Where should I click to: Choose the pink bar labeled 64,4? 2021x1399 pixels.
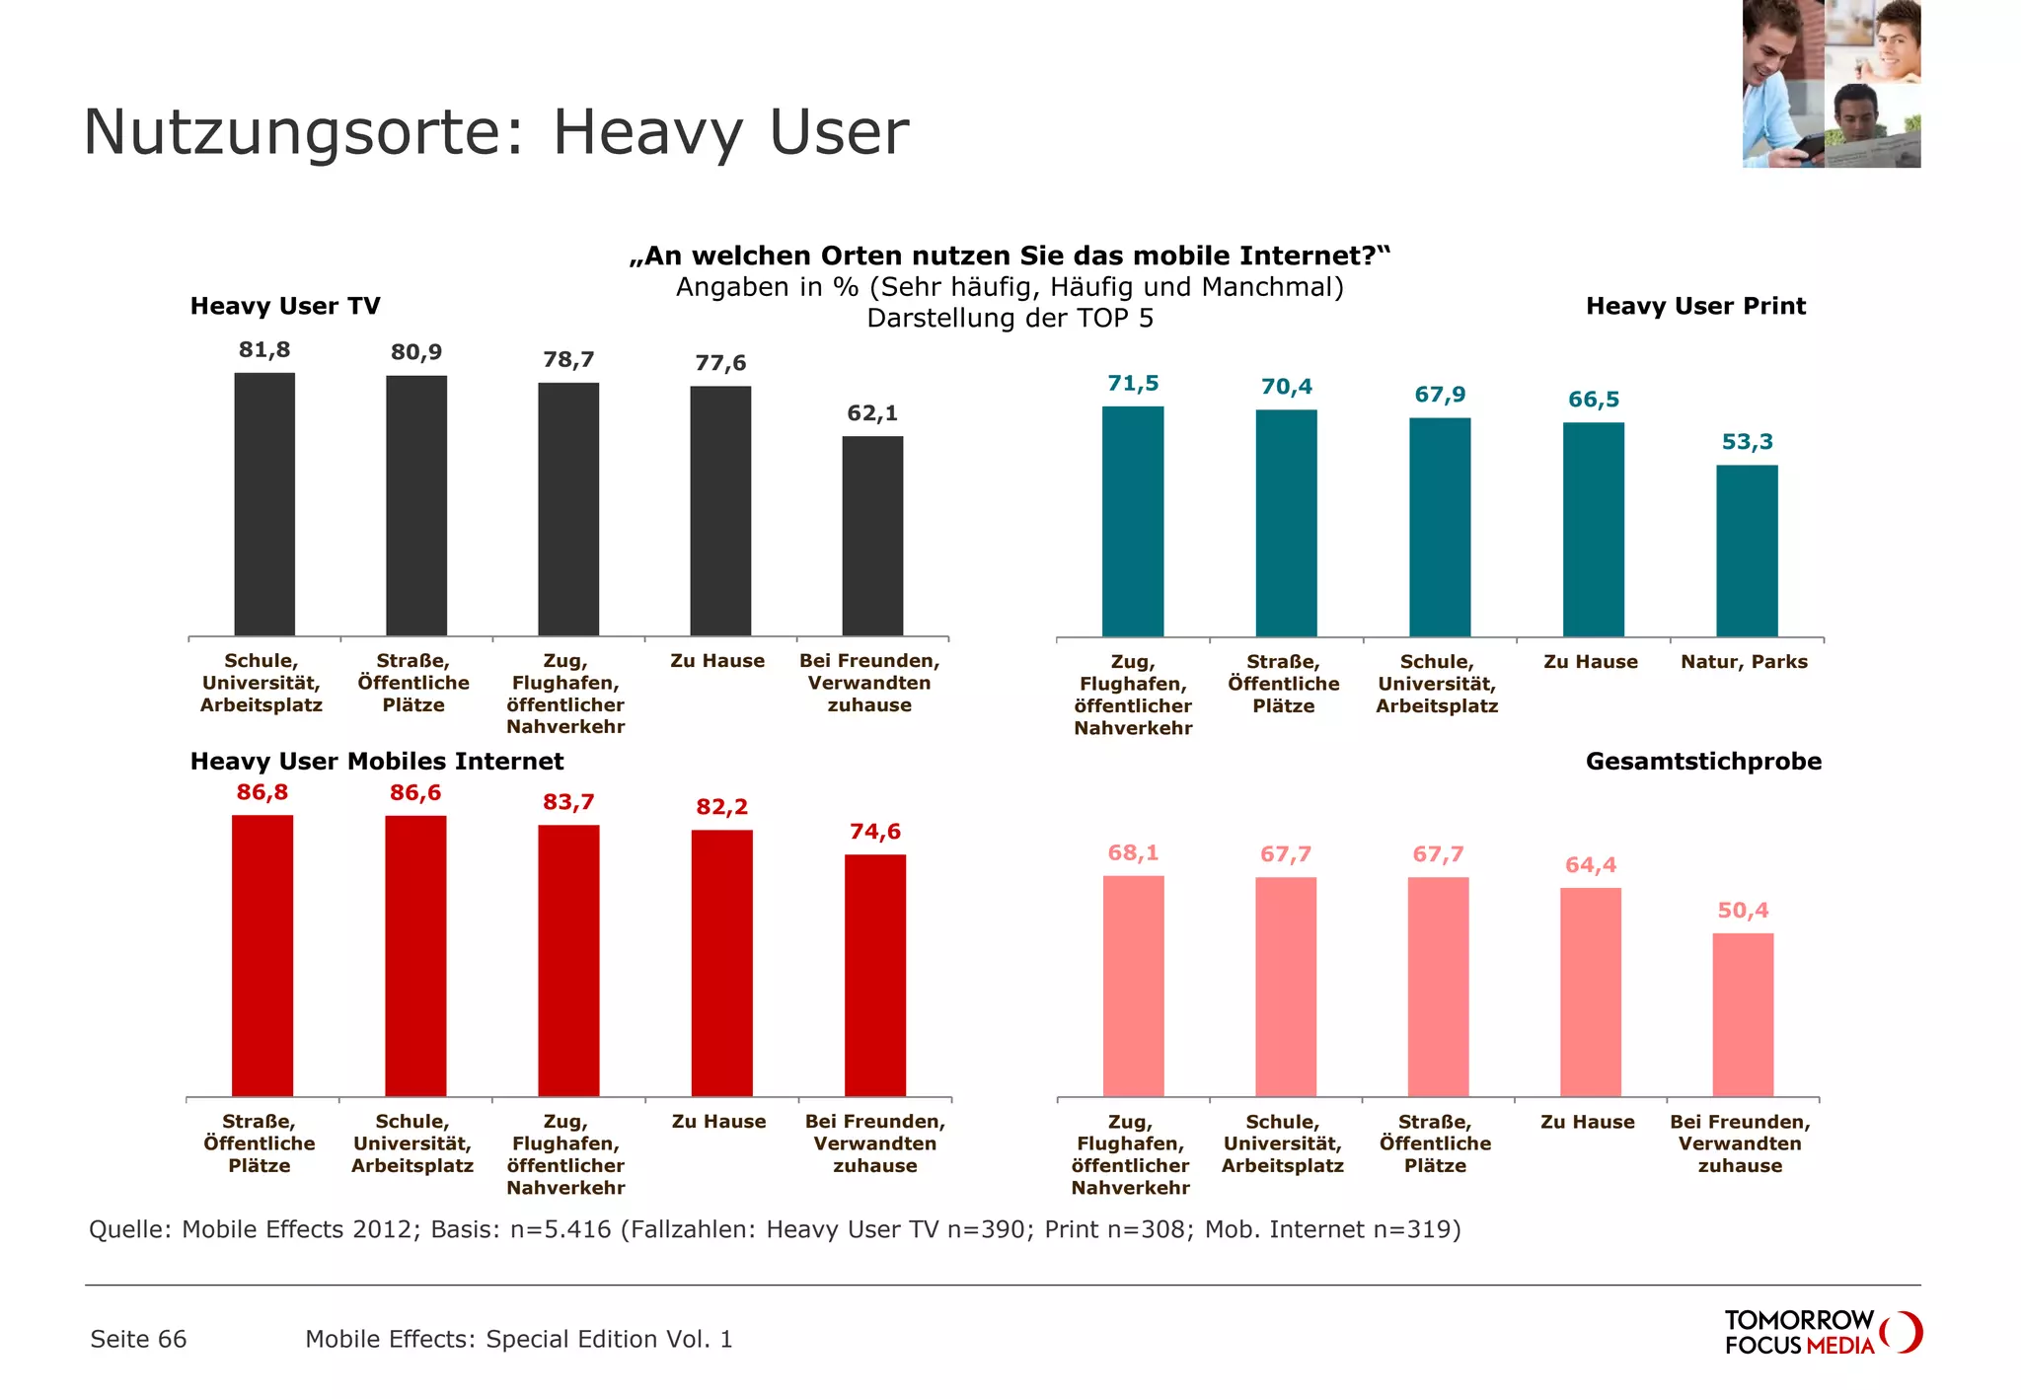[1591, 992]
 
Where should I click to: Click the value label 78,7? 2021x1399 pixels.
[568, 360]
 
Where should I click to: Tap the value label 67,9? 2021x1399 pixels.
[1440, 395]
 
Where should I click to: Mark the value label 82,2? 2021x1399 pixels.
[721, 807]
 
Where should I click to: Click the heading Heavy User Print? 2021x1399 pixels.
[1695, 306]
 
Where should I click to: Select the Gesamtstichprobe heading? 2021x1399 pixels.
[1703, 762]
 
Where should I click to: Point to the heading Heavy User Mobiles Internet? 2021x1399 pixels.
[377, 762]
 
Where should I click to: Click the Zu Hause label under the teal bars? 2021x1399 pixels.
[1591, 662]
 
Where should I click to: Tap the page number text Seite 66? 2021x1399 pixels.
[138, 1339]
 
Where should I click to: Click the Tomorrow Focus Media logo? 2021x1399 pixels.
[1822, 1332]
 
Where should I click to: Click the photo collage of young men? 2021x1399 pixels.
[1831, 84]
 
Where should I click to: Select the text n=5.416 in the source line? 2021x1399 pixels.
[561, 1229]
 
